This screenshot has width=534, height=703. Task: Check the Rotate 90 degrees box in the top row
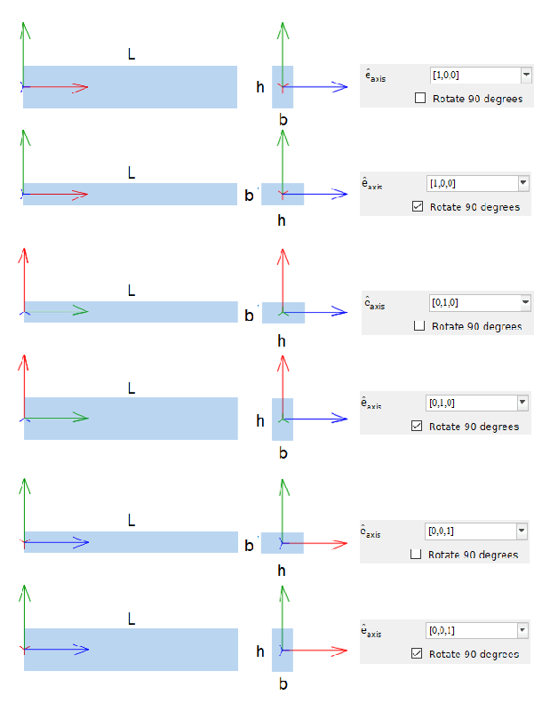pyautogui.click(x=420, y=99)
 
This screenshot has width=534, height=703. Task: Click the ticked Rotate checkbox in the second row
pyautogui.click(x=418, y=207)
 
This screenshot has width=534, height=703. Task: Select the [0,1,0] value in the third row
pyautogui.click(x=471, y=303)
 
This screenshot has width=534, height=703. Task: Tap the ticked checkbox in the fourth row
pyautogui.click(x=418, y=427)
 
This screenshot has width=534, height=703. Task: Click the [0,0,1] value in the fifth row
pyautogui.click(x=470, y=531)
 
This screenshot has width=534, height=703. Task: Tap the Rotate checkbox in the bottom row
pyautogui.click(x=418, y=654)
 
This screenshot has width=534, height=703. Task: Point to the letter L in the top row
pyautogui.click(x=132, y=55)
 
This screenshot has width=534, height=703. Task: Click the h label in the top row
pyautogui.click(x=260, y=87)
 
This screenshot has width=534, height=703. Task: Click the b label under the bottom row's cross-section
pyautogui.click(x=283, y=684)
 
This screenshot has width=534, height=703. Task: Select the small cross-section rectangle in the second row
pyautogui.click(x=283, y=194)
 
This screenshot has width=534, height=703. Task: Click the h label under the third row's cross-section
pyautogui.click(x=282, y=340)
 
